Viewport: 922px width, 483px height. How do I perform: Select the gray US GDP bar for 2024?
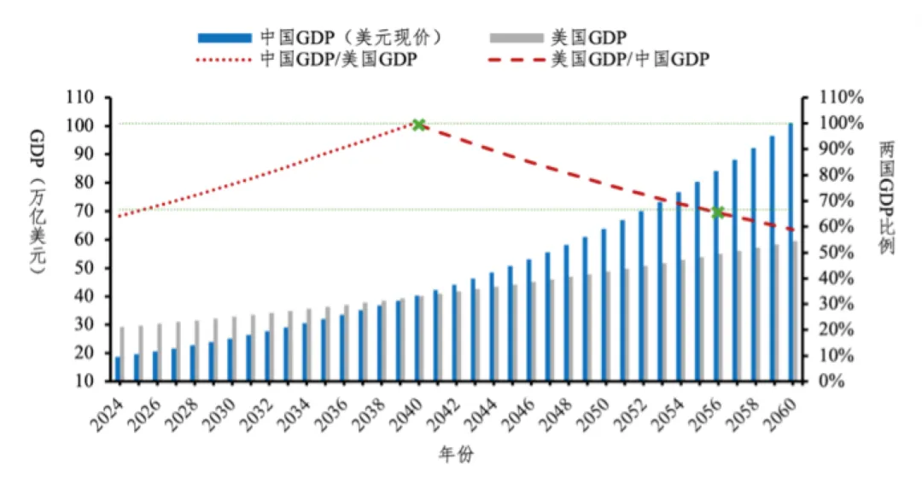click(x=123, y=353)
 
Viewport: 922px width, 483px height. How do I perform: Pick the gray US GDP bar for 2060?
click(x=796, y=311)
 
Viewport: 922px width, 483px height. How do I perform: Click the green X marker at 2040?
click(x=419, y=125)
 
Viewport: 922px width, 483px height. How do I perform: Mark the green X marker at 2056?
click(x=718, y=212)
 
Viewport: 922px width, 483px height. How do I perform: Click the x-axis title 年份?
click(x=455, y=455)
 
